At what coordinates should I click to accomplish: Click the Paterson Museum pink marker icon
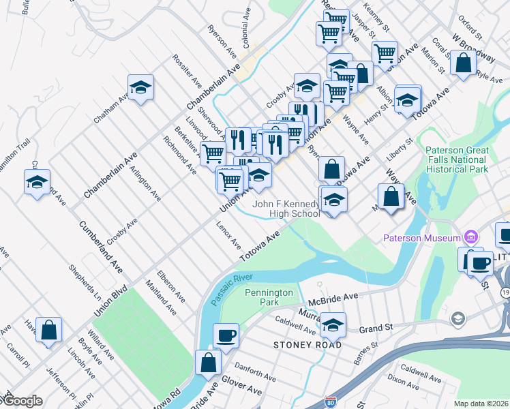click(x=470, y=238)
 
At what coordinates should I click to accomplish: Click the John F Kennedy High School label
click(x=286, y=209)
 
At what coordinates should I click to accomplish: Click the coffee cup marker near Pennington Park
click(x=226, y=335)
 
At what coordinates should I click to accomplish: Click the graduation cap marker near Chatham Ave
click(x=140, y=87)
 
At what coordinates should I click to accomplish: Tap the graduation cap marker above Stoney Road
click(x=333, y=325)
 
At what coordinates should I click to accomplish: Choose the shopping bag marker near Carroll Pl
click(x=49, y=331)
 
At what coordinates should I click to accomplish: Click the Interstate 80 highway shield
click(x=331, y=402)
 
